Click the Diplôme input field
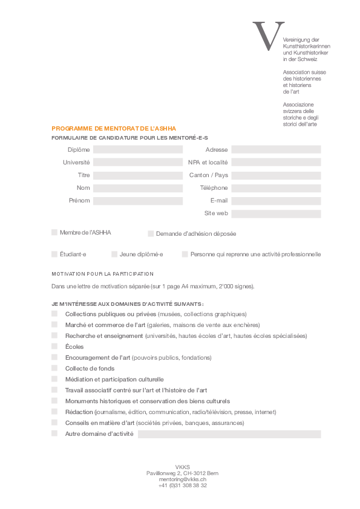click(137, 150)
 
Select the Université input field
click(137, 163)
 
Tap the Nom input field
click(137, 188)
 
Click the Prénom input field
click(137, 201)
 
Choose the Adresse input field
click(276, 150)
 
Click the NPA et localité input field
click(276, 163)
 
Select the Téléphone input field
click(276, 188)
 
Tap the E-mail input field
click(276, 201)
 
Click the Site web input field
click(276, 213)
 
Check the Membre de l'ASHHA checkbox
click(54, 232)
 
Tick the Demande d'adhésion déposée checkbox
click(151, 233)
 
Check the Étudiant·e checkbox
click(54, 254)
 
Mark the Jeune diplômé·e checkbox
click(114, 254)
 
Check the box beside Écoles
click(54, 346)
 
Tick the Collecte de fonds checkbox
click(54, 368)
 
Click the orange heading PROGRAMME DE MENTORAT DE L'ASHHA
click(114, 128)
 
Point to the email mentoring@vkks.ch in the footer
click(183, 479)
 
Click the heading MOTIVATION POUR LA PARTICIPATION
click(103, 274)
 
